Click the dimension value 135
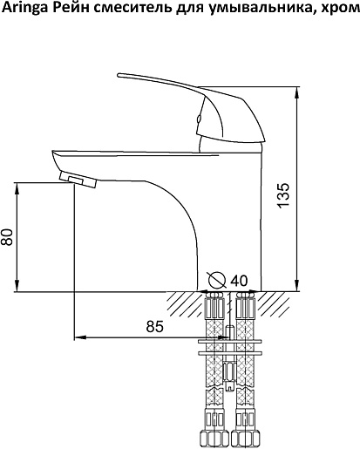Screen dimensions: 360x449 [283, 195]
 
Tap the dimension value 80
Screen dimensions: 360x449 [7, 237]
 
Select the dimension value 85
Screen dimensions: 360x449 [154, 327]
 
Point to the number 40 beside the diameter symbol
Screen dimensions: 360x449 [239, 281]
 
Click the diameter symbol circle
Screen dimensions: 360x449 [217, 280]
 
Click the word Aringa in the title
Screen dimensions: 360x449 [25, 9]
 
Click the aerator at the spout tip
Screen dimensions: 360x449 [78, 180]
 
